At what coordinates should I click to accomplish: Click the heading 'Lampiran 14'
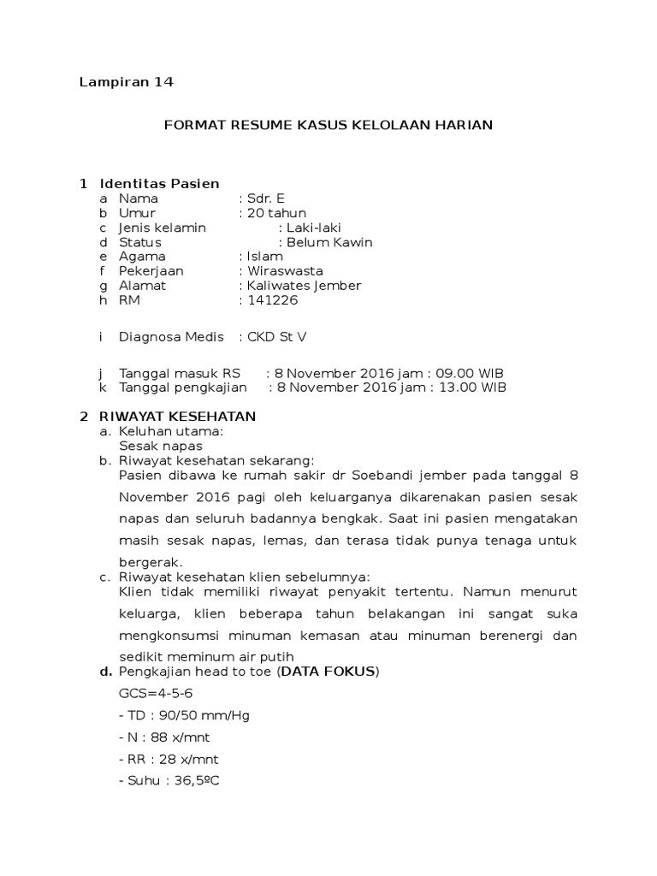pos(126,82)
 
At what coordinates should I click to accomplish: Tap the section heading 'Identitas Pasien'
pos(159,183)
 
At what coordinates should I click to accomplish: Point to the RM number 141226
pos(272,299)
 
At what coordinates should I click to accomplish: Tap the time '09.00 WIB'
pos(470,373)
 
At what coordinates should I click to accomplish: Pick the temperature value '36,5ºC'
pos(191,781)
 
